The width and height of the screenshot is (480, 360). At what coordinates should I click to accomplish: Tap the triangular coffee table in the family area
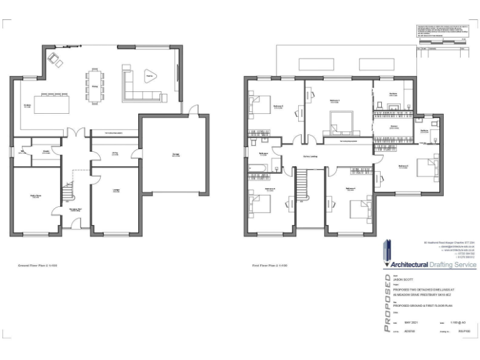(149, 76)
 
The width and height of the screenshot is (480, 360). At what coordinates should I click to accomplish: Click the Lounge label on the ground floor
(116, 191)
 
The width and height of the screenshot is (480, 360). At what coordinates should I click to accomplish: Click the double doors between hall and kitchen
(76, 134)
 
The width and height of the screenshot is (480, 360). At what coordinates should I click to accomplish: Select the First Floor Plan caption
(268, 265)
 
